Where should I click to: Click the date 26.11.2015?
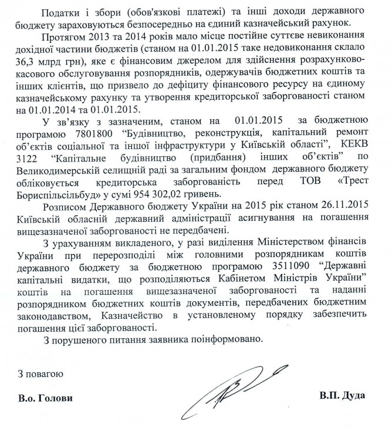(344, 211)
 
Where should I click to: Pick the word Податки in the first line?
(63, 11)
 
